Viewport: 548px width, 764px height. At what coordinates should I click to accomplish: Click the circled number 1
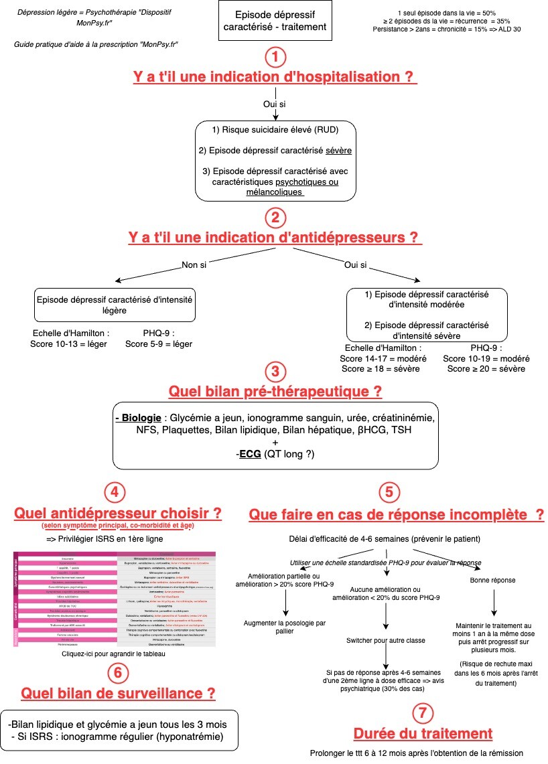(x=275, y=58)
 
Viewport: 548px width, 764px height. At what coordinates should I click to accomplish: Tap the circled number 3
(x=275, y=372)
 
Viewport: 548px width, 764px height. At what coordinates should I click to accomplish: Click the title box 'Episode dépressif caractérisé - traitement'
(x=275, y=21)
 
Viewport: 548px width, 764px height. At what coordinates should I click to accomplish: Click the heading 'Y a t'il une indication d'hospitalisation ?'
(x=275, y=77)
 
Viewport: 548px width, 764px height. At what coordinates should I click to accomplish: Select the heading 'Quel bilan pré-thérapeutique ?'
(x=275, y=390)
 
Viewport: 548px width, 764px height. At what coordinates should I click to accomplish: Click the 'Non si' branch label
(x=194, y=265)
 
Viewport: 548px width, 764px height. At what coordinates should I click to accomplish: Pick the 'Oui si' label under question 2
(x=355, y=265)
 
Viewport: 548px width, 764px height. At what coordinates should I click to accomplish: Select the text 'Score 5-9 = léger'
(x=159, y=344)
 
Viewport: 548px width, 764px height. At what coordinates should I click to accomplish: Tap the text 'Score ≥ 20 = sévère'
(x=486, y=369)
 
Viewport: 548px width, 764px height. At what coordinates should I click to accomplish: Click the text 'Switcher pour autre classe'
(x=386, y=641)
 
